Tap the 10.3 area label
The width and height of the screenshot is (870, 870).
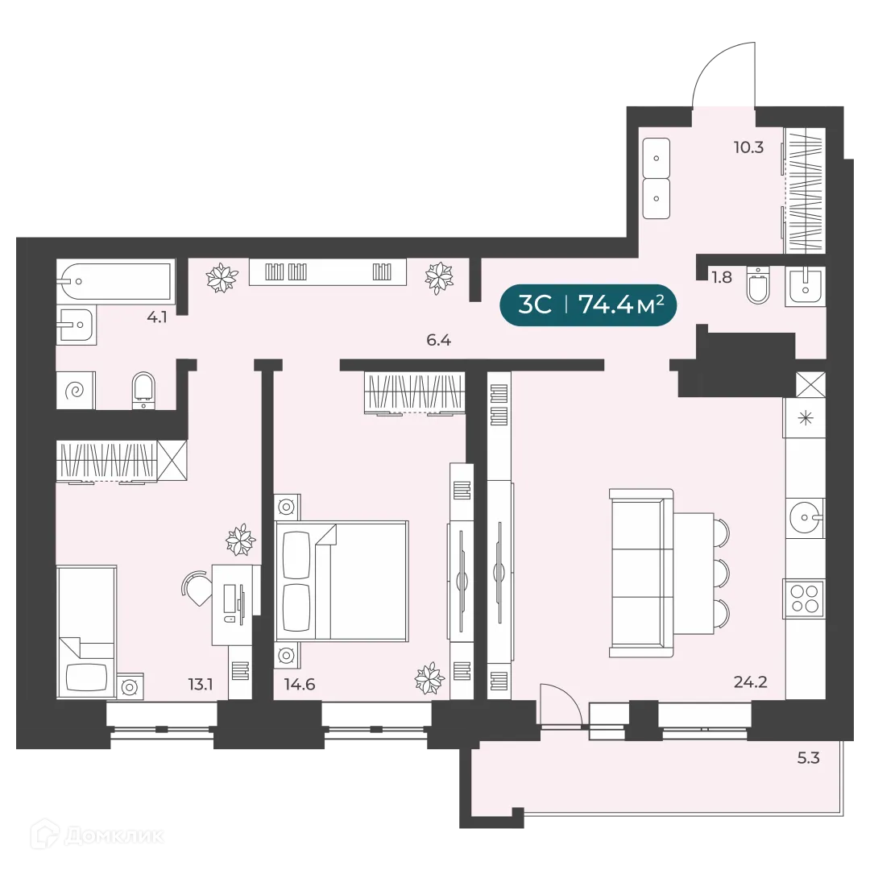coord(748,147)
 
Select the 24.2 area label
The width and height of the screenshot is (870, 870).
coord(749,682)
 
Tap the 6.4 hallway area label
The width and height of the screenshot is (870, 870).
coord(438,340)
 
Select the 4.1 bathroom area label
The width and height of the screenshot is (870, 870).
coord(156,317)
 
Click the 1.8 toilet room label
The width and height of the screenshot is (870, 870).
coord(722,277)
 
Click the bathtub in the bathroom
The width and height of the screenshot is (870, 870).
coord(115,281)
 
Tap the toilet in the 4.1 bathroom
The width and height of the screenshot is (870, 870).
coord(143,388)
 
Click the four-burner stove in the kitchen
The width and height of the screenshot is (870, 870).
coord(805,599)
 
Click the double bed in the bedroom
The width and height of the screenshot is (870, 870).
coord(342,581)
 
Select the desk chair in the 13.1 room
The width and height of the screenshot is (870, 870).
coord(196,587)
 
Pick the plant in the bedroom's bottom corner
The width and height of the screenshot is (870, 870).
coord(429,678)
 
